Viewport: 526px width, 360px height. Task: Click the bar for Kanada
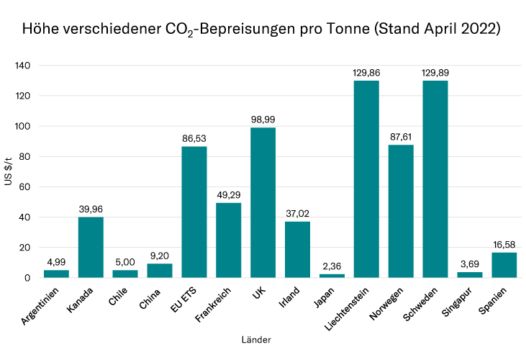pos(91,247)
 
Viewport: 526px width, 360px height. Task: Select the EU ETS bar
pos(194,212)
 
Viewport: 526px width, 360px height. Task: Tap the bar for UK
pos(263,202)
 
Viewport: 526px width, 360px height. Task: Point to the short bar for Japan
pos(332,276)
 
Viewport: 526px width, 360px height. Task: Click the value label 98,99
pos(263,120)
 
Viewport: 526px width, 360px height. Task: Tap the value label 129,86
pos(366,73)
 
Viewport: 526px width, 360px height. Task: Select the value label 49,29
pos(229,195)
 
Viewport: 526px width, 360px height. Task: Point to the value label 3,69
pos(469,264)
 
